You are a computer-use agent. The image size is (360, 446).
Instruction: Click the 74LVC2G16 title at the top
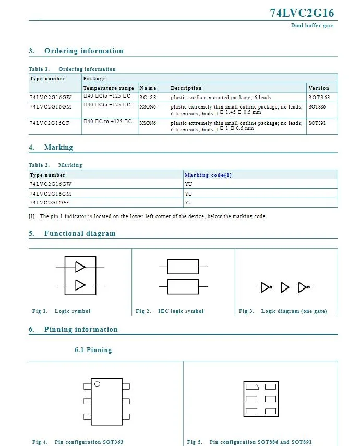coord(302,13)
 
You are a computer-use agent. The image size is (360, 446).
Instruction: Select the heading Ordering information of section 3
coord(83,51)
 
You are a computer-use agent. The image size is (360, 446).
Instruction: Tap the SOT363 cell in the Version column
coord(319,97)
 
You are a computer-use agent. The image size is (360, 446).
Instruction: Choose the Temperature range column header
coord(109,88)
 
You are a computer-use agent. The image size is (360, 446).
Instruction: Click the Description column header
coord(186,88)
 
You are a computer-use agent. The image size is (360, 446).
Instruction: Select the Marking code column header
coord(208,175)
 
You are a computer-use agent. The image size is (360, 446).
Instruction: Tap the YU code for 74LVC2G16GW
coord(188,184)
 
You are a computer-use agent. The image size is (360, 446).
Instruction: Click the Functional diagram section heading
coord(80,233)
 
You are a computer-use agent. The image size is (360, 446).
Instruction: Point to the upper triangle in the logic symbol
coord(80,267)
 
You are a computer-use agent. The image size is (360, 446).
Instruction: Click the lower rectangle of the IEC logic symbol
coord(183,286)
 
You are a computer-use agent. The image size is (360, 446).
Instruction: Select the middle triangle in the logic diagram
coord(284,287)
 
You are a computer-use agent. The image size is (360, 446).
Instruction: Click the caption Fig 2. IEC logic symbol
coord(170,311)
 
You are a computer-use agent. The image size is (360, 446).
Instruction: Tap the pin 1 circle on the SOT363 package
coord(97,384)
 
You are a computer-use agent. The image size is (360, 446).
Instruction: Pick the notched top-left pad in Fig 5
coord(251,387)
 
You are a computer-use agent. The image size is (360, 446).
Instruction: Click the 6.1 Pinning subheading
coord(93,349)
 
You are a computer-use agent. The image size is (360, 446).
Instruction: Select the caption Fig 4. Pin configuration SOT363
coord(78,442)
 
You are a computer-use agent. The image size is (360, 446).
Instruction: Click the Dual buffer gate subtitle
coord(312,26)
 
